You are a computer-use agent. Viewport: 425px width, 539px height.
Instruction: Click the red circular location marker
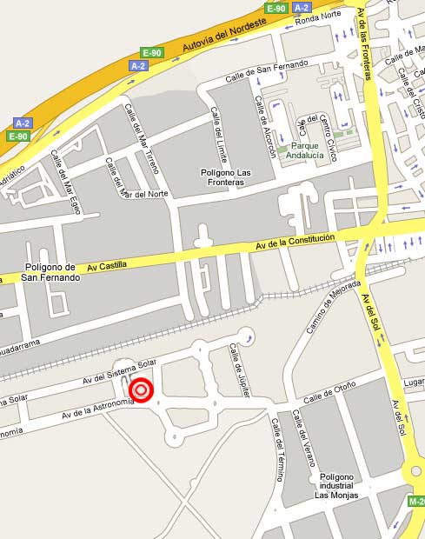142,391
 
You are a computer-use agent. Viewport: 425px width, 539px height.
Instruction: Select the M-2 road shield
415,502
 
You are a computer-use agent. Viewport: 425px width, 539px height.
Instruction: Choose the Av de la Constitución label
296,242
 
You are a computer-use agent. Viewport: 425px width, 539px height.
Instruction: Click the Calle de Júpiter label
236,364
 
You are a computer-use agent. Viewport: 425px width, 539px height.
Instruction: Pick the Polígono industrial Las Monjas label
336,486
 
